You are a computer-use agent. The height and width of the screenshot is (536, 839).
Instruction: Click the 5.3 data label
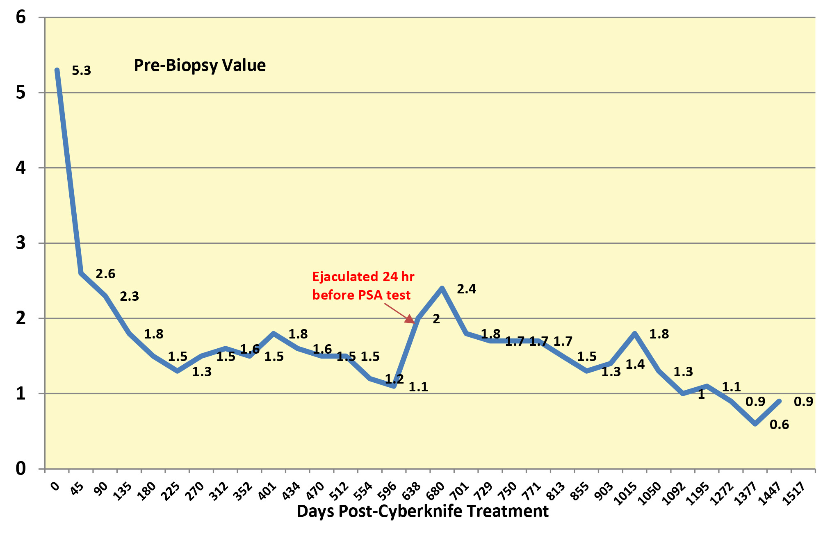81,71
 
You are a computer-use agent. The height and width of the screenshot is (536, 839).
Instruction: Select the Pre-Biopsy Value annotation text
200,66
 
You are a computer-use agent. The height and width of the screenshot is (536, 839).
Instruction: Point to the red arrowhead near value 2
410,319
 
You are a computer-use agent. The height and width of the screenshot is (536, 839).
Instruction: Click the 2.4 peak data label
466,289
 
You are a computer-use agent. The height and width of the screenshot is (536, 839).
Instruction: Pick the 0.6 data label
779,425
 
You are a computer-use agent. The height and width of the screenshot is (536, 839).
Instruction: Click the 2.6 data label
105,274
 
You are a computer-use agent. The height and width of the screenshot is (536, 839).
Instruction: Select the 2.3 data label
129,296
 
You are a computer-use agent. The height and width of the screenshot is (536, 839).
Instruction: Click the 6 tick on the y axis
21,17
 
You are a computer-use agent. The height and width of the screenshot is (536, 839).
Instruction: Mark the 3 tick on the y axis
21,243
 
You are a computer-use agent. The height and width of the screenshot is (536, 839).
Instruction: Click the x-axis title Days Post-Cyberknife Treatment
422,511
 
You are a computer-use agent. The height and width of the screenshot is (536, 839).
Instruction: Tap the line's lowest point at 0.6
755,424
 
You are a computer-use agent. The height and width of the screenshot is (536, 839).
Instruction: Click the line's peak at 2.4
442,288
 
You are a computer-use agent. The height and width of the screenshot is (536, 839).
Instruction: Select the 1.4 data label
635,364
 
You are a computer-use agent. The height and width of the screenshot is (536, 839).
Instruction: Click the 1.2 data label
394,379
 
